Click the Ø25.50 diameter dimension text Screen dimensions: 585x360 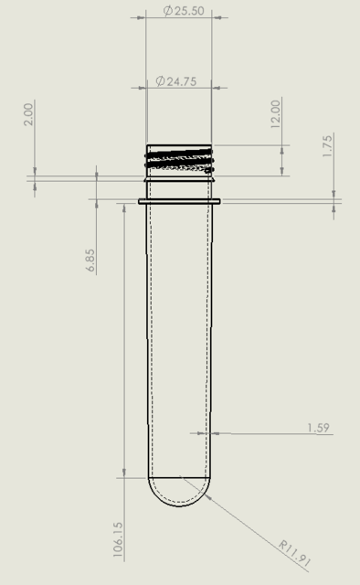click(183, 11)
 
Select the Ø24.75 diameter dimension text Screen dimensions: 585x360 click(175, 81)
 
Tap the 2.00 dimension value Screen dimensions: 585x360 click(28, 113)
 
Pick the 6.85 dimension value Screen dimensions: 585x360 click(90, 260)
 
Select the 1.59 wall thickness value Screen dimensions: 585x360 click(318, 427)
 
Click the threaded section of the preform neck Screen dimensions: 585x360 click(180, 159)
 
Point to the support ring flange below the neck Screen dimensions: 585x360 click(180, 201)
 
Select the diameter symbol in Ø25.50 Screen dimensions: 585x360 click(168, 11)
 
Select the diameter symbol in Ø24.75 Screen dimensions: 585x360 click(160, 81)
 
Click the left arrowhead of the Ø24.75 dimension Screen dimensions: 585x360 click(151, 88)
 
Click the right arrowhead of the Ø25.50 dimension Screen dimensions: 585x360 click(209, 16)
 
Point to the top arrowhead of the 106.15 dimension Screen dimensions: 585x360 click(123, 207)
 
